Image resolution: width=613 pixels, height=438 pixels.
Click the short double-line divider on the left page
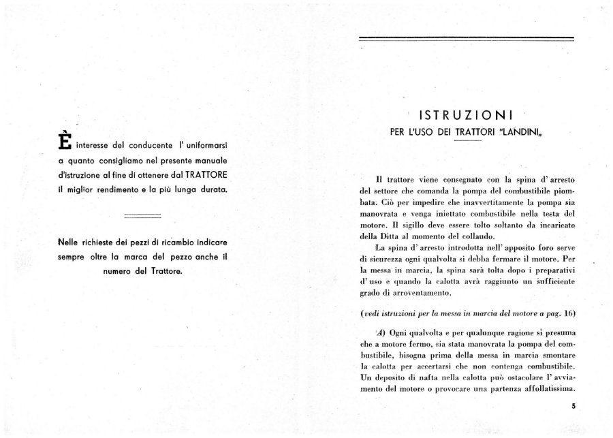[142, 215]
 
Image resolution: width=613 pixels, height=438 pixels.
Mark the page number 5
[573, 407]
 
